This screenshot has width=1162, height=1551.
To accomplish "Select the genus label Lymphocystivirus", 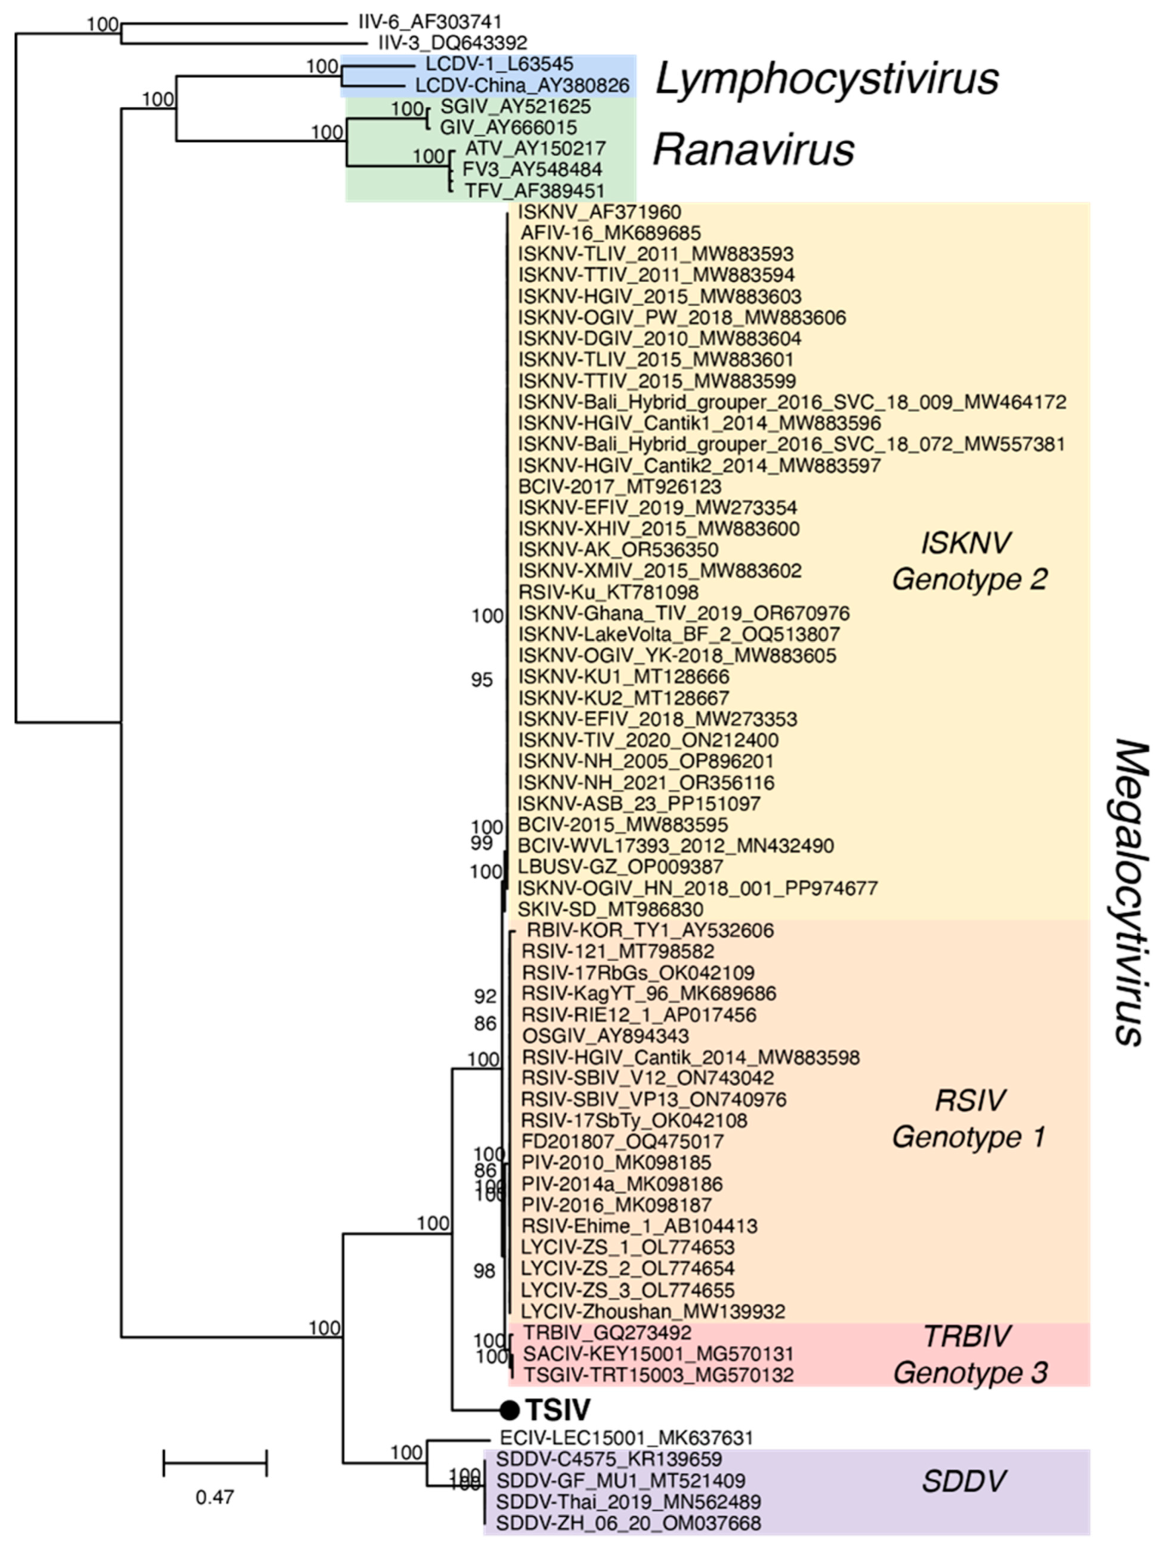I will pyautogui.click(x=826, y=79).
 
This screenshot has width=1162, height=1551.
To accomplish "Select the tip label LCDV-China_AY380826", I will pyautogui.click(x=522, y=86).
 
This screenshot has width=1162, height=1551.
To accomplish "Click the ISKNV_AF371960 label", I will pyautogui.click(x=600, y=212).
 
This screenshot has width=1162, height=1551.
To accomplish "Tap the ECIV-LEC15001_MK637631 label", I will pyautogui.click(x=626, y=1438).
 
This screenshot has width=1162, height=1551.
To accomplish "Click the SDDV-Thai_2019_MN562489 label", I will pyautogui.click(x=628, y=1502).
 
